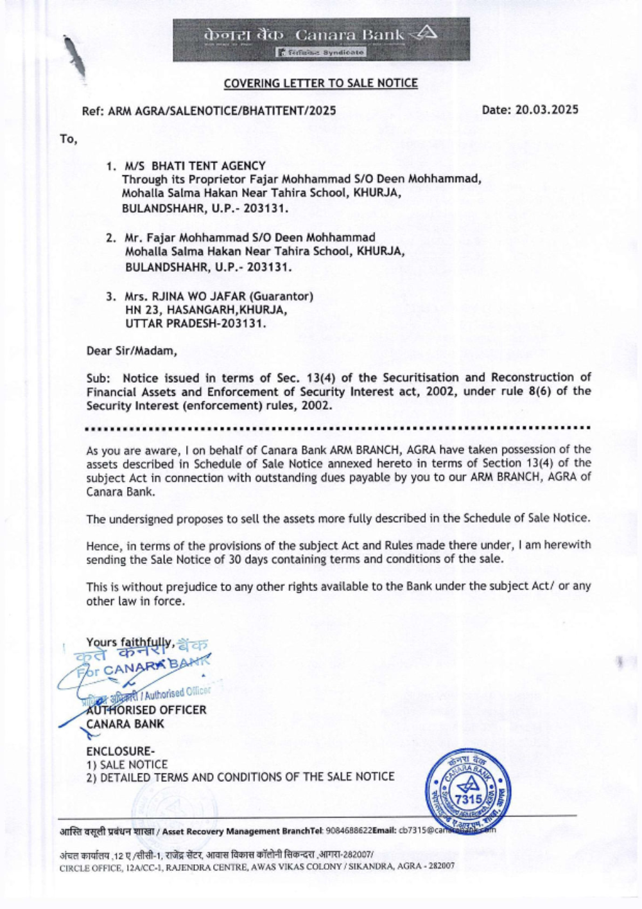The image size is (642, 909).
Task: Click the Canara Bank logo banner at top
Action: pyautogui.click(x=321, y=39)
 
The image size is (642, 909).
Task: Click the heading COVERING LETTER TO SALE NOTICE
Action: pyautogui.click(x=320, y=83)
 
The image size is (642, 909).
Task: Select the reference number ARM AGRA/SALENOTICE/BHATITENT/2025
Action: pyautogui.click(x=222, y=110)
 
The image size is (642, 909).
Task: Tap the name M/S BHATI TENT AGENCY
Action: pyautogui.click(x=195, y=166)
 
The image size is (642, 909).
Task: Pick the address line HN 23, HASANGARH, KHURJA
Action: pyautogui.click(x=205, y=310)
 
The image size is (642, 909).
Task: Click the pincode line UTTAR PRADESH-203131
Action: pyautogui.click(x=195, y=323)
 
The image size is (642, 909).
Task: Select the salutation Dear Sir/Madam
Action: pyautogui.click(x=131, y=351)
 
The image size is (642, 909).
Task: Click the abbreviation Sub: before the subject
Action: pyautogui.click(x=98, y=378)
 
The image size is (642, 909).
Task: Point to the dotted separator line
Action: pyautogui.click(x=338, y=427)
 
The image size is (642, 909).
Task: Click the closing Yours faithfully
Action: pyautogui.click(x=130, y=642)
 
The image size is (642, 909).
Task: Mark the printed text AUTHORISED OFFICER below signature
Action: pyautogui.click(x=146, y=710)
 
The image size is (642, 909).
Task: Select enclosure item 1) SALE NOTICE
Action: pyautogui.click(x=126, y=764)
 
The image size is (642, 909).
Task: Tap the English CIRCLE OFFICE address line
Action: pyautogui.click(x=257, y=866)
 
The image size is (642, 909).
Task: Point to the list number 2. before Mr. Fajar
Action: pyautogui.click(x=110, y=238)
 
